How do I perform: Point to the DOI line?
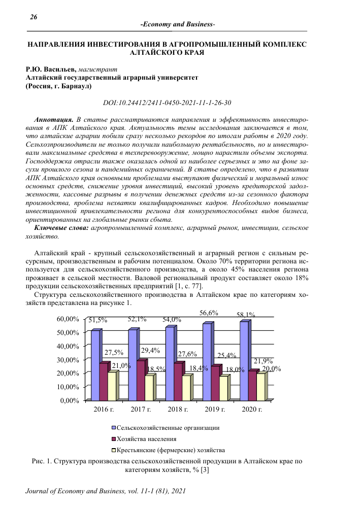pyautogui.click(x=167, y=103)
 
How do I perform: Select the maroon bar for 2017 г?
pyautogui.click(x=140, y=381)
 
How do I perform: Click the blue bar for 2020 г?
pyautogui.click(x=244, y=361)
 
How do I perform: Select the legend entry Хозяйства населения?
pyautogui.click(x=147, y=439)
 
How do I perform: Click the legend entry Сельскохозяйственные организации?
pyautogui.click(x=168, y=428)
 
